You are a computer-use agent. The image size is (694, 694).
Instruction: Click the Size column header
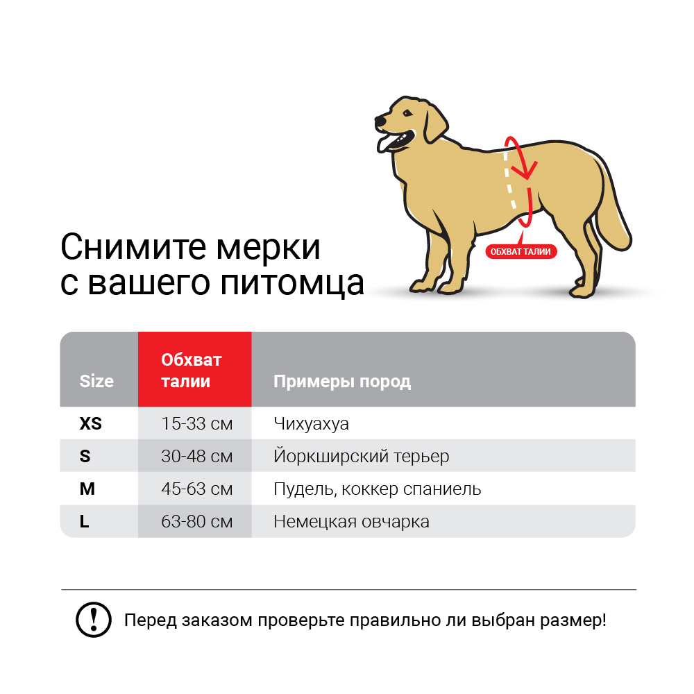tap(96, 381)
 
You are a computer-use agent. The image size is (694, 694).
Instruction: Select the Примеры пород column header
tap(342, 381)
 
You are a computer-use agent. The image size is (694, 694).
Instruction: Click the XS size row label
tap(91, 423)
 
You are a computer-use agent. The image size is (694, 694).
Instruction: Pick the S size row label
tap(85, 456)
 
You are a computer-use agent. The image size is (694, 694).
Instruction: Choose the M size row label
tap(87, 489)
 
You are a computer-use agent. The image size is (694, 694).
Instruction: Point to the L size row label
tap(85, 521)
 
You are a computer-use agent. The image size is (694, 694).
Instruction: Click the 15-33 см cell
tap(196, 423)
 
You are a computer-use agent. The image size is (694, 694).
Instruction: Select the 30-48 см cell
tap(196, 456)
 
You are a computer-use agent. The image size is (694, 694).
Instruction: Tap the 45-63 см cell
tap(196, 489)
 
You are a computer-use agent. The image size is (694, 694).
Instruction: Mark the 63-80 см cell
tap(196, 521)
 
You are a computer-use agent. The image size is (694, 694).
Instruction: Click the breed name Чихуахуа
tap(311, 423)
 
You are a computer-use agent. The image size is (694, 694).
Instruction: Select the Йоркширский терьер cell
tap(361, 456)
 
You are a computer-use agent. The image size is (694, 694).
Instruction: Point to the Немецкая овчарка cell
tap(351, 521)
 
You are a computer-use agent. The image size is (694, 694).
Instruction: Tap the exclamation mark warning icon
tap(93, 619)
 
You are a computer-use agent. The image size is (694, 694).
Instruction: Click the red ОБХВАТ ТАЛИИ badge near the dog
tap(520, 251)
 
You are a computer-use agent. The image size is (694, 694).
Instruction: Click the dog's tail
tap(614, 215)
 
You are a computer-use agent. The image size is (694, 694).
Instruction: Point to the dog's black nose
tap(380, 121)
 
